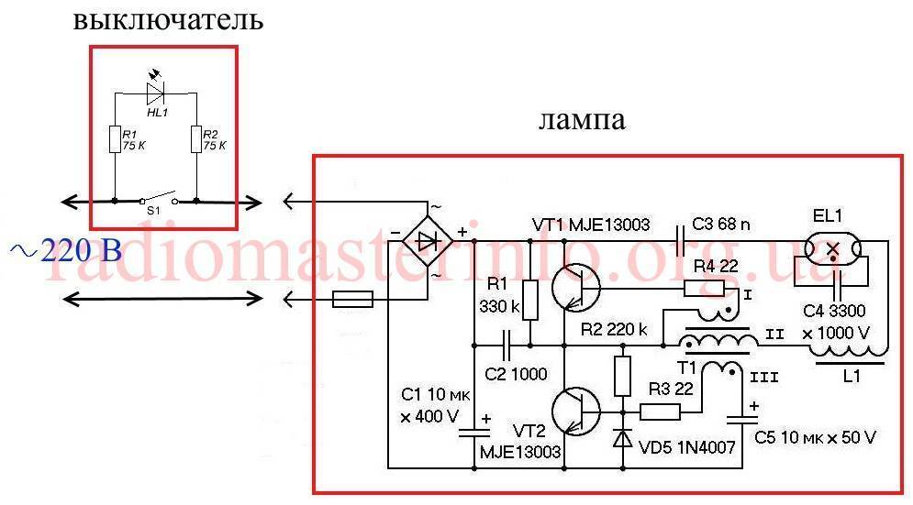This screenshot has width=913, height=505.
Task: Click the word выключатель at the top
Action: click(x=167, y=20)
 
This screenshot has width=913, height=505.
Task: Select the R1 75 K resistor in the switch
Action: click(x=113, y=140)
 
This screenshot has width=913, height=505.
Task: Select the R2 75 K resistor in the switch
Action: click(x=196, y=140)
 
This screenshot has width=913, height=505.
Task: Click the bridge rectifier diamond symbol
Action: click(x=428, y=241)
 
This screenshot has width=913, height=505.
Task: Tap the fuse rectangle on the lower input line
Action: click(x=351, y=299)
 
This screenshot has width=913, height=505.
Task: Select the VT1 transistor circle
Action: click(x=576, y=287)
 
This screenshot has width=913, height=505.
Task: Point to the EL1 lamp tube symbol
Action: click(x=834, y=247)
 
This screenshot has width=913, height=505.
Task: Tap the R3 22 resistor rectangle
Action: click(x=659, y=411)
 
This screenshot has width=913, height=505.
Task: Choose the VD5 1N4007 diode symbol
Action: click(x=623, y=439)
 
